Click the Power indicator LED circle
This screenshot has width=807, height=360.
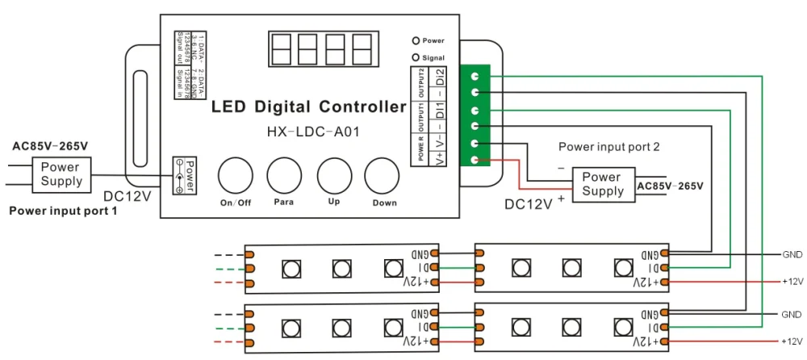[415, 40]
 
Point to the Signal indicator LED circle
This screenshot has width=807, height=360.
[415, 57]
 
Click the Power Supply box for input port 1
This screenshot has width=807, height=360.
[61, 174]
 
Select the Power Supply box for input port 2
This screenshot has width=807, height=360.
[602, 184]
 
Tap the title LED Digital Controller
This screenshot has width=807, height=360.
[309, 107]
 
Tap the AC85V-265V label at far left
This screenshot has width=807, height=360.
[50, 146]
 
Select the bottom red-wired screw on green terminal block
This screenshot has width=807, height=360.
[476, 160]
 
